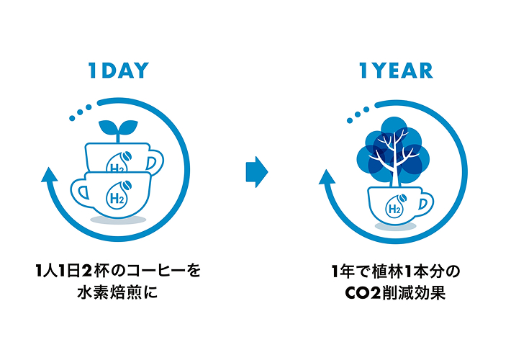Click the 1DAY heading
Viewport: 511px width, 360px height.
coord(118,71)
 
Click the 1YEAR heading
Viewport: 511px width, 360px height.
coord(396,71)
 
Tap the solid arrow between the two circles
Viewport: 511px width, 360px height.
coord(257,172)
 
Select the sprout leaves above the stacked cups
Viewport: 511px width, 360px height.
coord(118,128)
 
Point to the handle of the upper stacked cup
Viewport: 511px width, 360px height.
coord(155,162)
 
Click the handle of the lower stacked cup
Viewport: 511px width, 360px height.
coord(79,192)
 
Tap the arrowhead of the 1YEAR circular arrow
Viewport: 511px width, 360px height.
coord(327,177)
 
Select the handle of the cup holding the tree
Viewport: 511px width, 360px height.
coord(425,204)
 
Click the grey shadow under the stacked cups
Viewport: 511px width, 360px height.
coord(118,220)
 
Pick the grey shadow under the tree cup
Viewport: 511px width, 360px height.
coord(395,226)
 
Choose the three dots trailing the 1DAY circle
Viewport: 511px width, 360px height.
coord(80,112)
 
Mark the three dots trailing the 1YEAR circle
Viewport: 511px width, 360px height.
coord(358,114)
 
